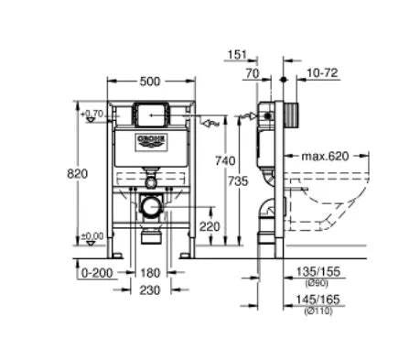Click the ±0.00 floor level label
coord(92,235)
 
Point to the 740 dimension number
coord(211,159)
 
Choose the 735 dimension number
coord(234,182)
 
